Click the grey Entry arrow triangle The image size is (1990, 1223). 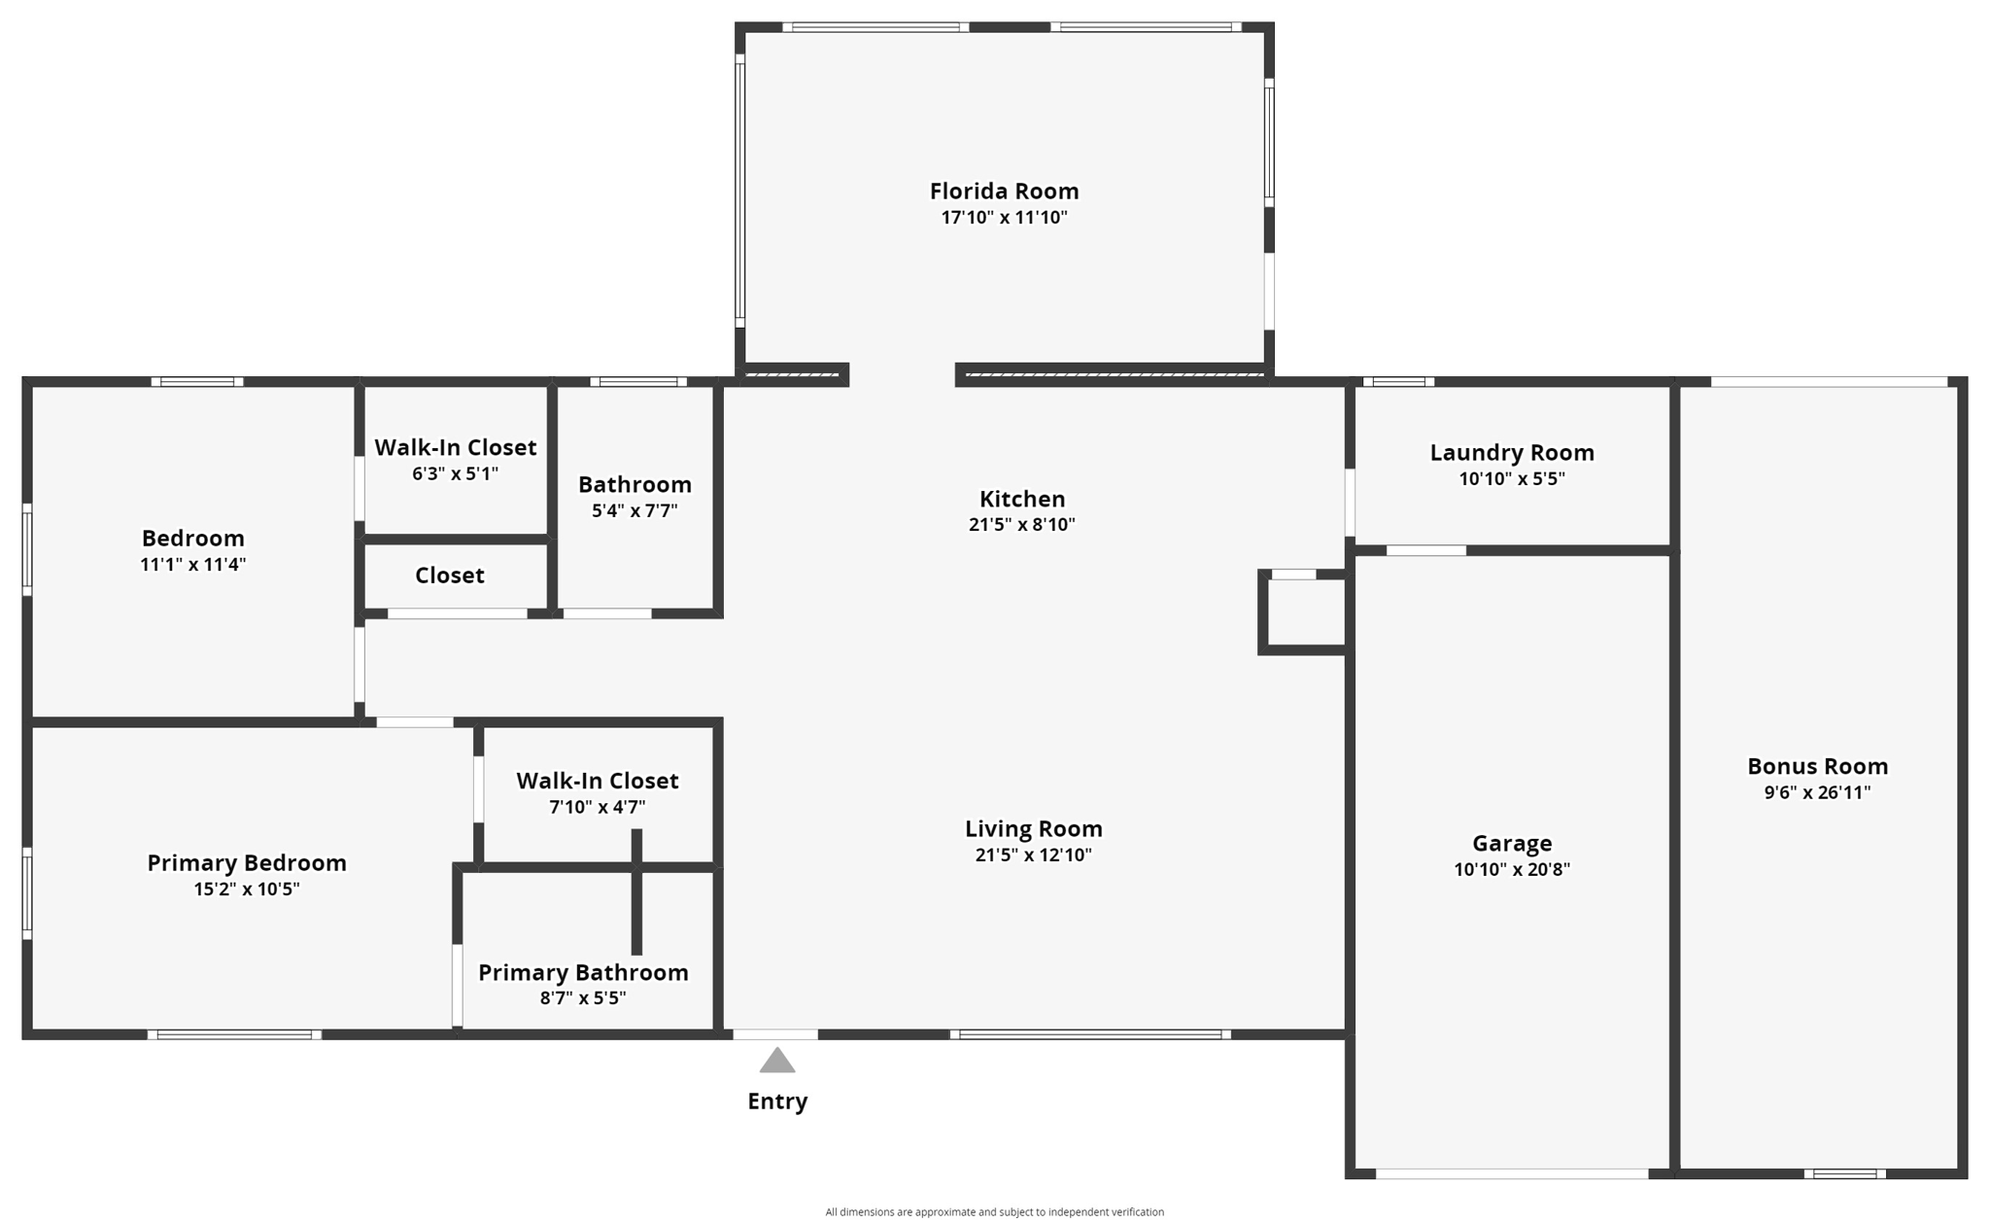(x=776, y=1062)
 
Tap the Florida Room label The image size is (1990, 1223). (x=1004, y=191)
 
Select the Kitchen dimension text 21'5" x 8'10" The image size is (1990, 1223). (x=1021, y=525)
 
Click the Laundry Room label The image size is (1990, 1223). (x=1511, y=452)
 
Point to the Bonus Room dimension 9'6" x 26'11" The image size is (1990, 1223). (x=1816, y=792)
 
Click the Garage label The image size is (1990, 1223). (x=1511, y=843)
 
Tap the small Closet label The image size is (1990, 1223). (x=449, y=576)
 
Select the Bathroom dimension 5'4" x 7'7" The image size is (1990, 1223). (x=635, y=510)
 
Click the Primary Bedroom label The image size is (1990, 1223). (x=246, y=862)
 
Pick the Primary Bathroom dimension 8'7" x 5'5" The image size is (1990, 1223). (x=582, y=998)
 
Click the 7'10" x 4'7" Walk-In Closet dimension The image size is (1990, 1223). (x=597, y=807)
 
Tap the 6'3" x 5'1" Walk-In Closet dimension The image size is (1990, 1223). (x=455, y=473)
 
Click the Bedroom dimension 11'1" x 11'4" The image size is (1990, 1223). (x=192, y=564)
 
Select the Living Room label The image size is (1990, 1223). (x=1033, y=828)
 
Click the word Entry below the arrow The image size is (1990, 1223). (x=776, y=1101)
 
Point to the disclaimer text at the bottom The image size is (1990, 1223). (x=994, y=1211)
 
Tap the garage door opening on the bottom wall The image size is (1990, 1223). (x=1511, y=1174)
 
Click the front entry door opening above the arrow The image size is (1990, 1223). (x=774, y=1034)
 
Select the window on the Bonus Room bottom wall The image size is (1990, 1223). (x=1844, y=1174)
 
